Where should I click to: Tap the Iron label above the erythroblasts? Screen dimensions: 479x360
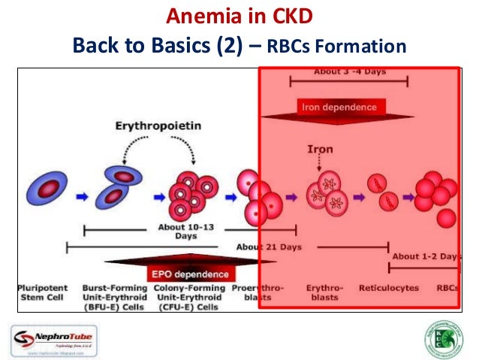[x=320, y=149]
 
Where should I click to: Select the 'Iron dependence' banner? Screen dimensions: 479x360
[x=339, y=107]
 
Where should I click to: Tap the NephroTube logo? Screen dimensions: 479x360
[x=52, y=334]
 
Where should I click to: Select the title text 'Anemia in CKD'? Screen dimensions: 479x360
[x=239, y=16]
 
